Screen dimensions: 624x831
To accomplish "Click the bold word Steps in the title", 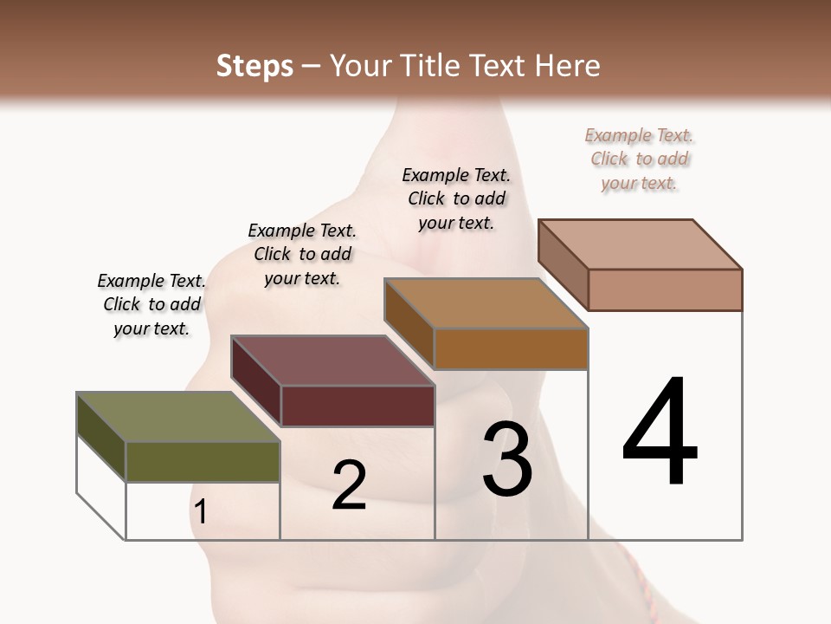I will click(x=254, y=66).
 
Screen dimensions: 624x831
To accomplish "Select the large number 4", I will click(x=660, y=432).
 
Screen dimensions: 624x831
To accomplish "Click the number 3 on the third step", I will click(x=507, y=459).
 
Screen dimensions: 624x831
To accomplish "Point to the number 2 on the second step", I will click(x=349, y=485).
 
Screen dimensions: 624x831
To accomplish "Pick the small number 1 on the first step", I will click(x=201, y=512).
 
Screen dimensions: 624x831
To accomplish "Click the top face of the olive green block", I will click(x=177, y=417).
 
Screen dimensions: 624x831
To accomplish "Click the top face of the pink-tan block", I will click(x=641, y=244).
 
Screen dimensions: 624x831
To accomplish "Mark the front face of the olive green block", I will click(x=203, y=461).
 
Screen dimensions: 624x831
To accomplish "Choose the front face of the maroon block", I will click(x=358, y=406).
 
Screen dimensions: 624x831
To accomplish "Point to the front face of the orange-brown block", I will click(x=511, y=348).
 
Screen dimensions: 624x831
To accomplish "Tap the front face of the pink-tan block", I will click(x=665, y=289).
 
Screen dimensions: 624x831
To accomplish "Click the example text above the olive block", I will click(x=151, y=304).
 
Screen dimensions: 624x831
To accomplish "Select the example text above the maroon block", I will click(x=302, y=254).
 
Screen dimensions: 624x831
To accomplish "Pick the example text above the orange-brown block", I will click(x=456, y=198).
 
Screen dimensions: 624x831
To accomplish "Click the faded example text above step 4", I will click(x=639, y=159).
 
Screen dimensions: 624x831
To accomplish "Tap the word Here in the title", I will click(x=570, y=66).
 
